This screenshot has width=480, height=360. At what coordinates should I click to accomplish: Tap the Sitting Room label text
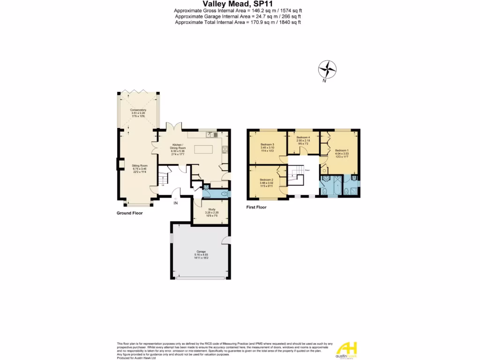click(x=140, y=168)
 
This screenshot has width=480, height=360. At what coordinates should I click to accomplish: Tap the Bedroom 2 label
click(x=266, y=182)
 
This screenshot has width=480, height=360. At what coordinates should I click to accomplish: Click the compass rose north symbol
click(x=327, y=70)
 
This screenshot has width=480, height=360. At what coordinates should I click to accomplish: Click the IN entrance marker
click(x=175, y=203)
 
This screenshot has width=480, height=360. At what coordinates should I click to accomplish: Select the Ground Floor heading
click(x=129, y=213)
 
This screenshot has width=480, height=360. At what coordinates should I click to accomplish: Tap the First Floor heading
click(x=256, y=207)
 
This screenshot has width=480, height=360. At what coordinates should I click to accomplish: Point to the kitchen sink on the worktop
click(x=210, y=135)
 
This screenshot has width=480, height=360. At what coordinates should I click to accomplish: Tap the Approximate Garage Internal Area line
click(x=237, y=16)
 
